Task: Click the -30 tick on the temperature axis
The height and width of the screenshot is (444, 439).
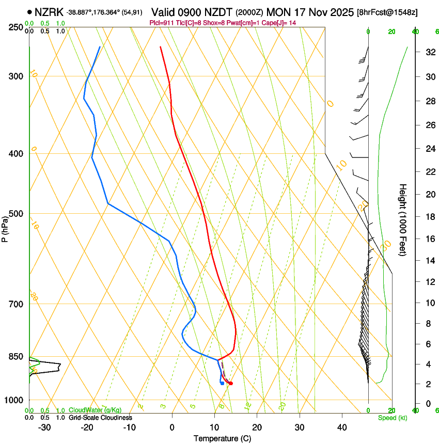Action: (44, 427)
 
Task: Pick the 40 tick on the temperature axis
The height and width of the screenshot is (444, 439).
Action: (341, 427)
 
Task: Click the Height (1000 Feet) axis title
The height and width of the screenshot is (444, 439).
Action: (403, 220)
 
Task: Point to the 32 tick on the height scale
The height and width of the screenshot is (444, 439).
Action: (428, 52)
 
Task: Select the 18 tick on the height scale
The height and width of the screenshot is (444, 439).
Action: (428, 217)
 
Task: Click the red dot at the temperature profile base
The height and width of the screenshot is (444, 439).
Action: (231, 383)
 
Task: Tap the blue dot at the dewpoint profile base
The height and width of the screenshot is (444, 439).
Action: (222, 383)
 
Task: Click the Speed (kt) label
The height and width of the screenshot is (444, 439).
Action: (392, 418)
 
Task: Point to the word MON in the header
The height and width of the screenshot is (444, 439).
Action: (279, 12)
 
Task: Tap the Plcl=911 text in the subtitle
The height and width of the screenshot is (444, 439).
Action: (161, 23)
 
